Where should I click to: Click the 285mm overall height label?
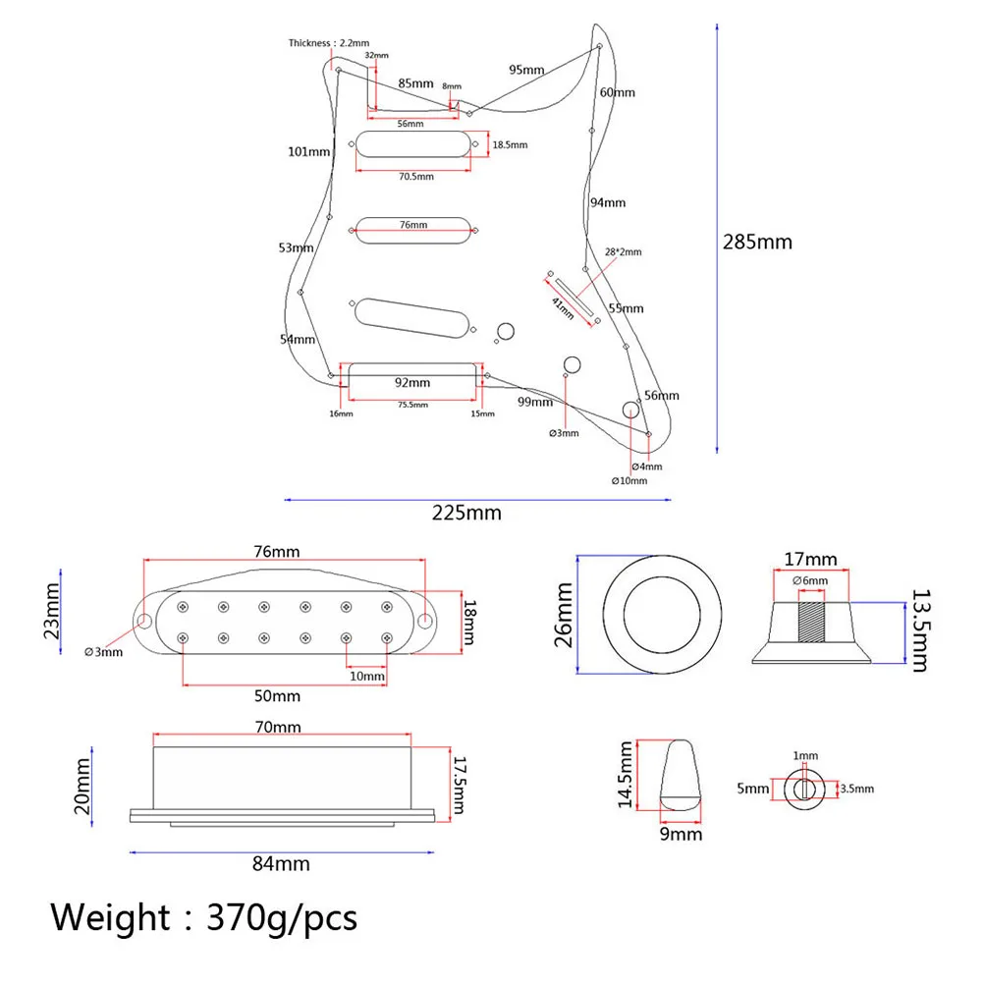click(x=756, y=242)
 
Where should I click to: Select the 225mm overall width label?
click(x=467, y=512)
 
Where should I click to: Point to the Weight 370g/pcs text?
click(x=204, y=918)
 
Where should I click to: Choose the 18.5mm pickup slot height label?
click(x=509, y=145)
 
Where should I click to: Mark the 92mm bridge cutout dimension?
click(x=411, y=382)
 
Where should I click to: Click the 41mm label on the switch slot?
click(x=563, y=305)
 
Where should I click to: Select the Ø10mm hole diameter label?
click(x=629, y=481)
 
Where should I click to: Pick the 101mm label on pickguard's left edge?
click(x=308, y=151)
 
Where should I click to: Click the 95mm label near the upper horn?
click(x=526, y=70)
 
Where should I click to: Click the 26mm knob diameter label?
click(x=563, y=615)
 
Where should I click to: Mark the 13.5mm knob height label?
click(x=918, y=629)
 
